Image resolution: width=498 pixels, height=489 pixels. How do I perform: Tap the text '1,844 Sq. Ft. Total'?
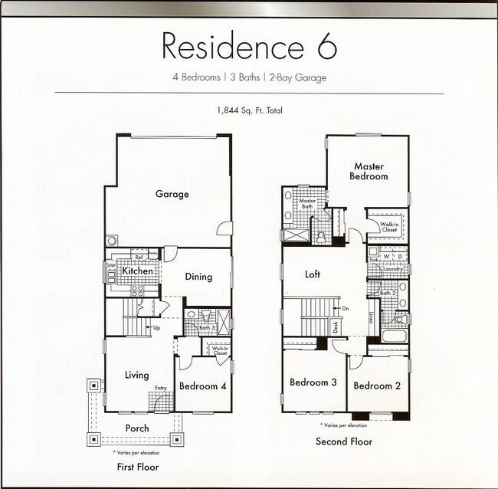tap(250, 110)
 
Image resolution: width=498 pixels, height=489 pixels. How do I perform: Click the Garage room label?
tap(172, 194)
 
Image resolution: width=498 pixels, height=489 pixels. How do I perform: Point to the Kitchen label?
tap(137, 271)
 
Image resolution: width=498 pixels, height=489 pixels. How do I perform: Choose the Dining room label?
tap(198, 277)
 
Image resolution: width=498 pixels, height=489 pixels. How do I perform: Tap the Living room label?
tap(137, 375)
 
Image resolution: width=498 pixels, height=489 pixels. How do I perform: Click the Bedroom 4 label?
tap(202, 386)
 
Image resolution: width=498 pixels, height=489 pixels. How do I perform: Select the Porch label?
tap(136, 428)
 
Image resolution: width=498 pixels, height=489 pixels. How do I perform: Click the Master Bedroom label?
tap(369, 171)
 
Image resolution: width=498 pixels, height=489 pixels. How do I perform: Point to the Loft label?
tap(313, 274)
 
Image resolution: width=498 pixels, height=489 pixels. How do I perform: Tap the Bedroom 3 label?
tap(313, 382)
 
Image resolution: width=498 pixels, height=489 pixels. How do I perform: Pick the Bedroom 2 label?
tap(377, 386)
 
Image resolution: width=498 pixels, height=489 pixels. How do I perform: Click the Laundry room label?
tap(393, 269)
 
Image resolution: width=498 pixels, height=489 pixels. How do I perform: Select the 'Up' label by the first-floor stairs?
tap(156, 328)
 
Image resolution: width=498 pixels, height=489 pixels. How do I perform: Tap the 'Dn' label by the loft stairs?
tap(346, 308)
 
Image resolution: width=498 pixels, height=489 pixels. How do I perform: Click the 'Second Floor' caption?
tap(344, 441)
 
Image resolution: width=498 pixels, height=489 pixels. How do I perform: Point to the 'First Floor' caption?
tap(138, 466)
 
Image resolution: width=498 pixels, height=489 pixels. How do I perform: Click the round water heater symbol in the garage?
tap(113, 239)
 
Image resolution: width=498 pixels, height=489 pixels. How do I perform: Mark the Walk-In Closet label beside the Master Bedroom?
tap(389, 226)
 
